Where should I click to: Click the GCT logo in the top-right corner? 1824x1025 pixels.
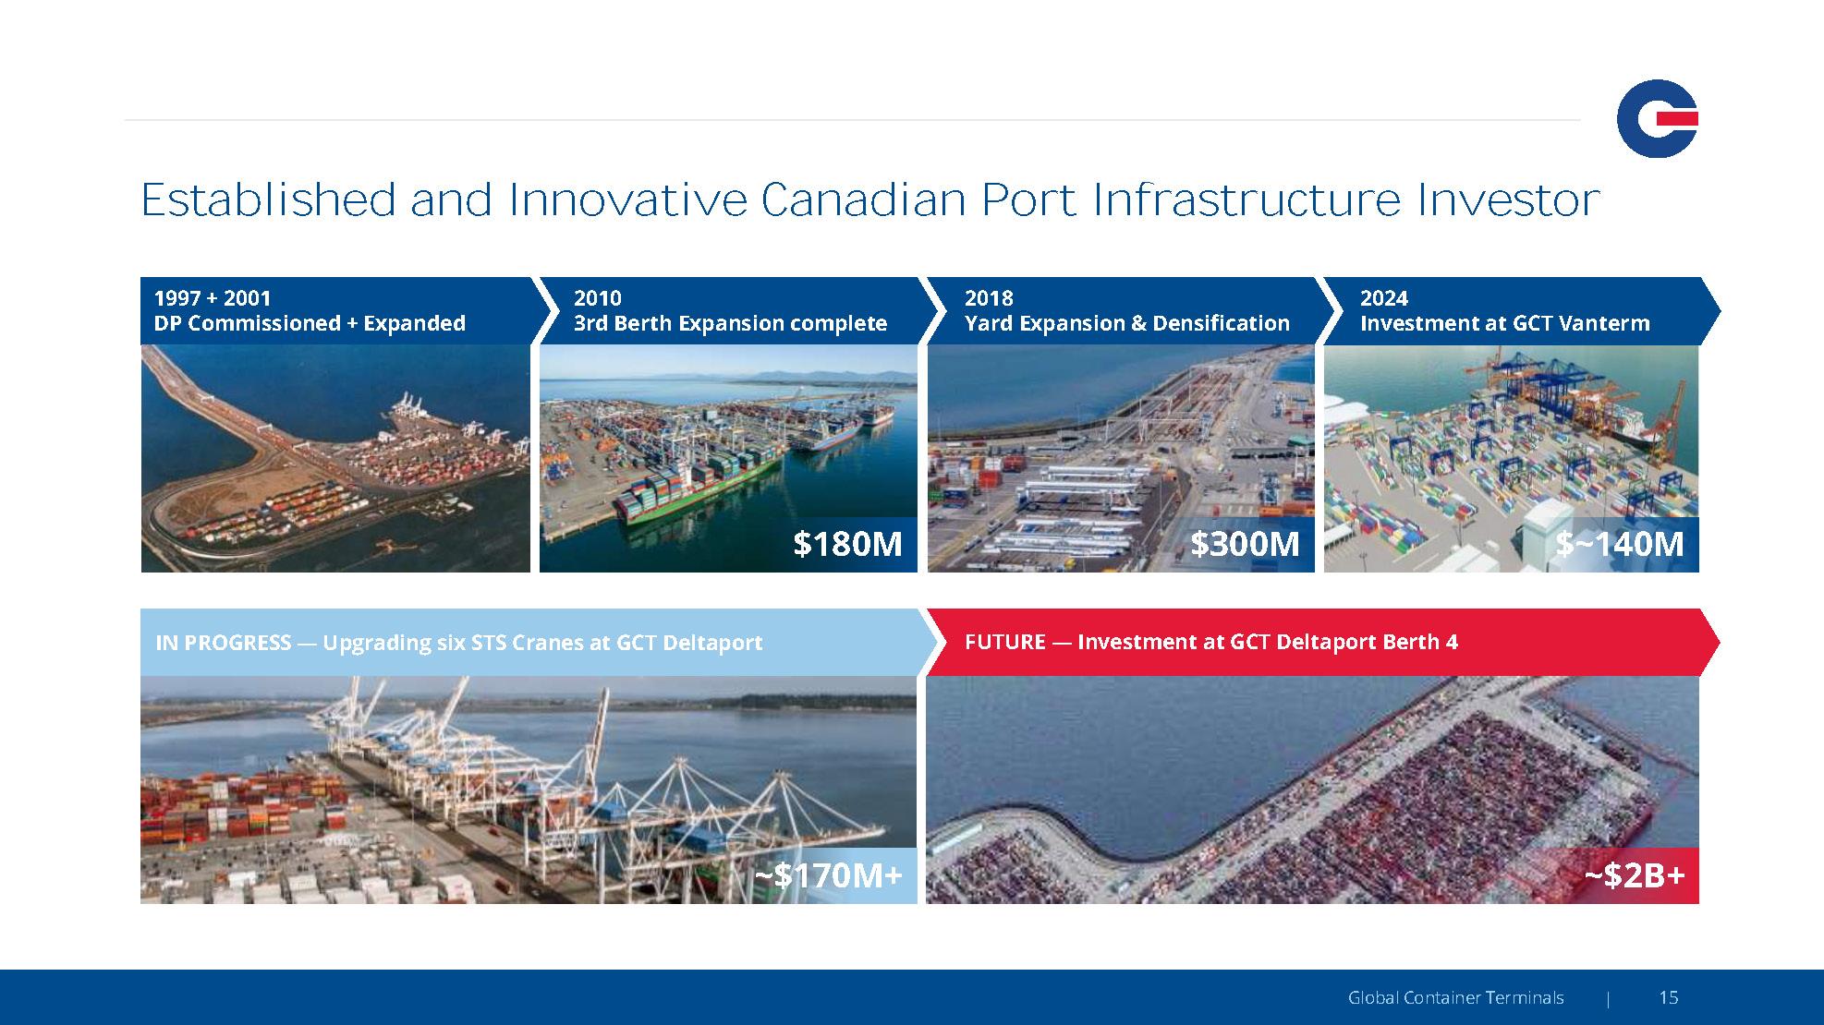tap(1657, 118)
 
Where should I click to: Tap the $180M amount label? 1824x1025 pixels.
tap(847, 544)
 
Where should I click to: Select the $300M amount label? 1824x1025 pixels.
tap(1245, 544)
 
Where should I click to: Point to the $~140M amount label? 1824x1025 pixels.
tap(1620, 544)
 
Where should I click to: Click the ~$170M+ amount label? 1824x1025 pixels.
tap(828, 874)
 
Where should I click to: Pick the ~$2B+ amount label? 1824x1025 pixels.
tap(1635, 874)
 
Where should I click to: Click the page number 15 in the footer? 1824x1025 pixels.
tap(1669, 997)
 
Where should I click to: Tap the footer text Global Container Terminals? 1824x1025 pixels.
tap(1456, 997)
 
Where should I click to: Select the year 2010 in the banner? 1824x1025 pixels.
tap(598, 298)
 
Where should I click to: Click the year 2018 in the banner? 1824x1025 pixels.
tap(989, 298)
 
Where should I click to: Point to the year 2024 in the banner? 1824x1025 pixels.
tap(1384, 298)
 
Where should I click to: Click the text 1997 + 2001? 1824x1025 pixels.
tap(213, 298)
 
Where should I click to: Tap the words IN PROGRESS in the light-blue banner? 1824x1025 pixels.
tap(224, 643)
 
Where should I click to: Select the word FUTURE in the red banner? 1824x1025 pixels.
tap(1005, 642)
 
